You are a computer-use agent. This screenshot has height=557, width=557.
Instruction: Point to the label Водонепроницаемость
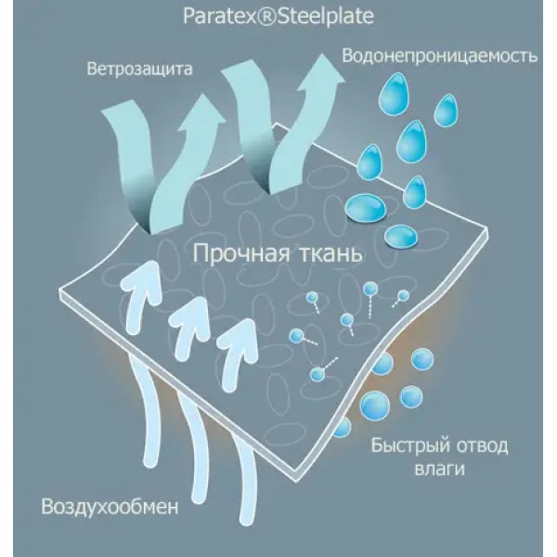(439, 56)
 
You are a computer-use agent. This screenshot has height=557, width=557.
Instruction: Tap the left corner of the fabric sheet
(62, 297)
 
